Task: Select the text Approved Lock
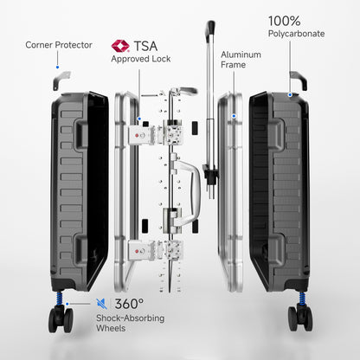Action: [x=139, y=60]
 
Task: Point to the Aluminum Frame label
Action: [x=241, y=60]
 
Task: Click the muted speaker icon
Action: [x=103, y=304]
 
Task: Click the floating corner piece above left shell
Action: [x=58, y=79]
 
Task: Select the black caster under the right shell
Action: [x=303, y=320]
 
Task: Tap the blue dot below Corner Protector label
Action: [x=57, y=65]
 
